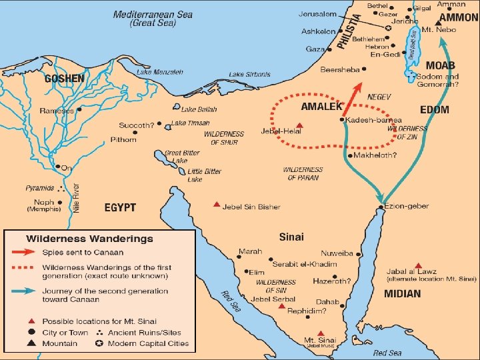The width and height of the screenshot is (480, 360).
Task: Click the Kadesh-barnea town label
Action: point(375,120)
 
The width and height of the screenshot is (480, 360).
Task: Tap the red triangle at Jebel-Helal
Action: point(300,125)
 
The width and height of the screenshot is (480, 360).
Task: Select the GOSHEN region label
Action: point(64,79)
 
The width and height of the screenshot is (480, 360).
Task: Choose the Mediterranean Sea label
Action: point(154,14)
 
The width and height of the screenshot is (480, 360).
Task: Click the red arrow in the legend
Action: point(25,253)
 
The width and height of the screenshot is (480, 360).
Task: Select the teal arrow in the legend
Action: point(25,291)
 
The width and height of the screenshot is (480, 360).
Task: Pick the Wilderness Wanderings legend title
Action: point(89,239)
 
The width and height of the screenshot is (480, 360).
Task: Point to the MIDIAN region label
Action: point(403,293)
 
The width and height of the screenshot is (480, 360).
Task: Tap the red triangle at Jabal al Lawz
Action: point(418,265)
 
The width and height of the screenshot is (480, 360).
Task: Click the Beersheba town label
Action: point(339,69)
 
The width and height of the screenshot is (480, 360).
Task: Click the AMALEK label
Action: point(321,107)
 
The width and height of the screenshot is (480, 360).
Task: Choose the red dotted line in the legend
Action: point(25,272)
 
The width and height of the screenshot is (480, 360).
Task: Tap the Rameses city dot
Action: point(79,109)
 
